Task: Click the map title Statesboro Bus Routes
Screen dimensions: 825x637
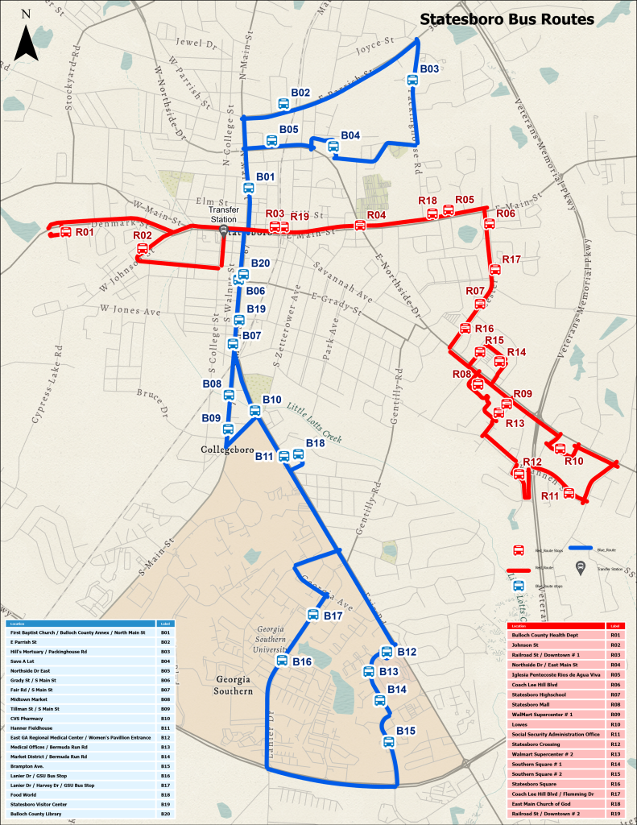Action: tap(507, 19)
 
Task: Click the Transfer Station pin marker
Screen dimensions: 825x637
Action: tap(223, 231)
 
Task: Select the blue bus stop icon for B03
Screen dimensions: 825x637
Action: tap(412, 81)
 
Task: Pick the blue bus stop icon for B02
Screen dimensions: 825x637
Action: tap(283, 104)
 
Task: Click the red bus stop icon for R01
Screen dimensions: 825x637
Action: tap(65, 233)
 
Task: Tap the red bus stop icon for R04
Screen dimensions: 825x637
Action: tap(360, 226)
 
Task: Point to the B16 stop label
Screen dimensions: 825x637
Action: tap(302, 661)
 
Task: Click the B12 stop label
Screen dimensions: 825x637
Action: tap(407, 652)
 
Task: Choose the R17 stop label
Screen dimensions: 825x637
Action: tap(511, 259)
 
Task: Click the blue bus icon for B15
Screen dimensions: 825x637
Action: tap(388, 741)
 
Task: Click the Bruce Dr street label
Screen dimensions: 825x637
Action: tap(151, 400)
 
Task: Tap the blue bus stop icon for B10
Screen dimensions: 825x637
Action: tap(255, 411)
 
